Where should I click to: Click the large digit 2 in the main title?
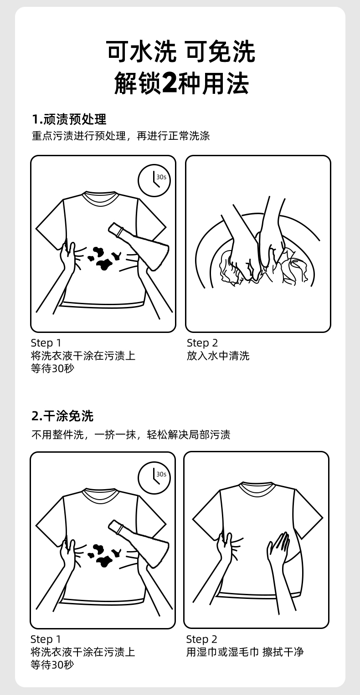(170, 83)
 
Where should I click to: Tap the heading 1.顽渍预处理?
(69, 119)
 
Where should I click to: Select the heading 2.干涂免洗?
(62, 416)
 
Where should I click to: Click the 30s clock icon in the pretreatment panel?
(154, 180)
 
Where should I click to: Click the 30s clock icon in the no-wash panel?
(154, 477)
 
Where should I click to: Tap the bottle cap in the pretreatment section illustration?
(114, 229)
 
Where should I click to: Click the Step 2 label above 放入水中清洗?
(202, 343)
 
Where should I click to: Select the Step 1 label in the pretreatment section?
(46, 343)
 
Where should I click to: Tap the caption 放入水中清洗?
(218, 356)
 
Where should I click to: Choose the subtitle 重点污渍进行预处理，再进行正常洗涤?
(121, 136)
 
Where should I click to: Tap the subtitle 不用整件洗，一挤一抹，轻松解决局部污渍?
(131, 434)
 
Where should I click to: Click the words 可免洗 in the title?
(221, 51)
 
